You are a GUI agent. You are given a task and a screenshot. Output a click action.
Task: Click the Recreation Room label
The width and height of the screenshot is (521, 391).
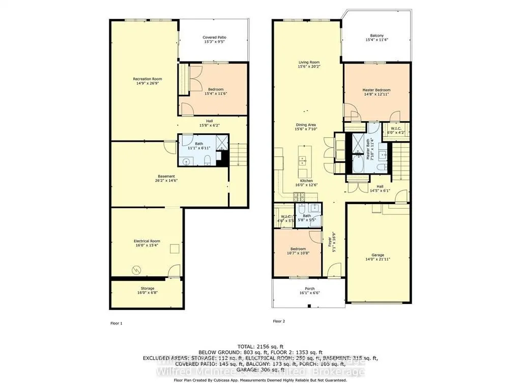pyautogui.click(x=148, y=79)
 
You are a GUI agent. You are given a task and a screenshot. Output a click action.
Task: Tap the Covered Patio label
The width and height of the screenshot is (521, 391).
pyautogui.click(x=214, y=38)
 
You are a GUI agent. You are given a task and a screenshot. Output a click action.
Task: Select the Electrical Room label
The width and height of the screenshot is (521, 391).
pyautogui.click(x=147, y=241)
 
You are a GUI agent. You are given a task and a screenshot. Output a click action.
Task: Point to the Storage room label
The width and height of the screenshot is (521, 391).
pyautogui.click(x=148, y=289)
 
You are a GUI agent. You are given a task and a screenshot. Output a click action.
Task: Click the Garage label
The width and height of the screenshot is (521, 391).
pyautogui.click(x=378, y=255)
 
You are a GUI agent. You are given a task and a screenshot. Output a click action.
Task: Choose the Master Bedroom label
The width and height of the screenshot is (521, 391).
pyautogui.click(x=377, y=90)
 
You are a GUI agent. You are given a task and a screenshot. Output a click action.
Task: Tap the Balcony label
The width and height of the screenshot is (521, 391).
pyautogui.click(x=377, y=36)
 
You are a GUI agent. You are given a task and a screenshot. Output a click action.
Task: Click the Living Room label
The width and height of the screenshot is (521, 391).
pyautogui.click(x=309, y=63)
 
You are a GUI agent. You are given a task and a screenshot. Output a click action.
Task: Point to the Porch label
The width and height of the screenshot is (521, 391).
pyautogui.click(x=309, y=289)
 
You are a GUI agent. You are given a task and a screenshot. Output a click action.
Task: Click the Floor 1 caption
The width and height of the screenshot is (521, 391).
pyautogui.click(x=117, y=323)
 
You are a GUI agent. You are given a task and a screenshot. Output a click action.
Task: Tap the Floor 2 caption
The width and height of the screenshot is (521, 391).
pyautogui.click(x=279, y=321)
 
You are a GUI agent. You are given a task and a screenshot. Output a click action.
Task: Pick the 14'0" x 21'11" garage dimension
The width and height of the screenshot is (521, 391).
pyautogui.click(x=378, y=260)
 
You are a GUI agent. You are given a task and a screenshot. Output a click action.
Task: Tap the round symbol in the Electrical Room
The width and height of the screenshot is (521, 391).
pyautogui.click(x=135, y=269)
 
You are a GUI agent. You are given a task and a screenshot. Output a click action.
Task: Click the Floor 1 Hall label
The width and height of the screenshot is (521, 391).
pyautogui.click(x=213, y=121)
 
